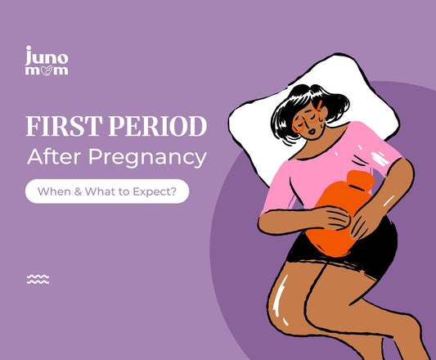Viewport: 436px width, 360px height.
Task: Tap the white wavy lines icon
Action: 38,279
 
